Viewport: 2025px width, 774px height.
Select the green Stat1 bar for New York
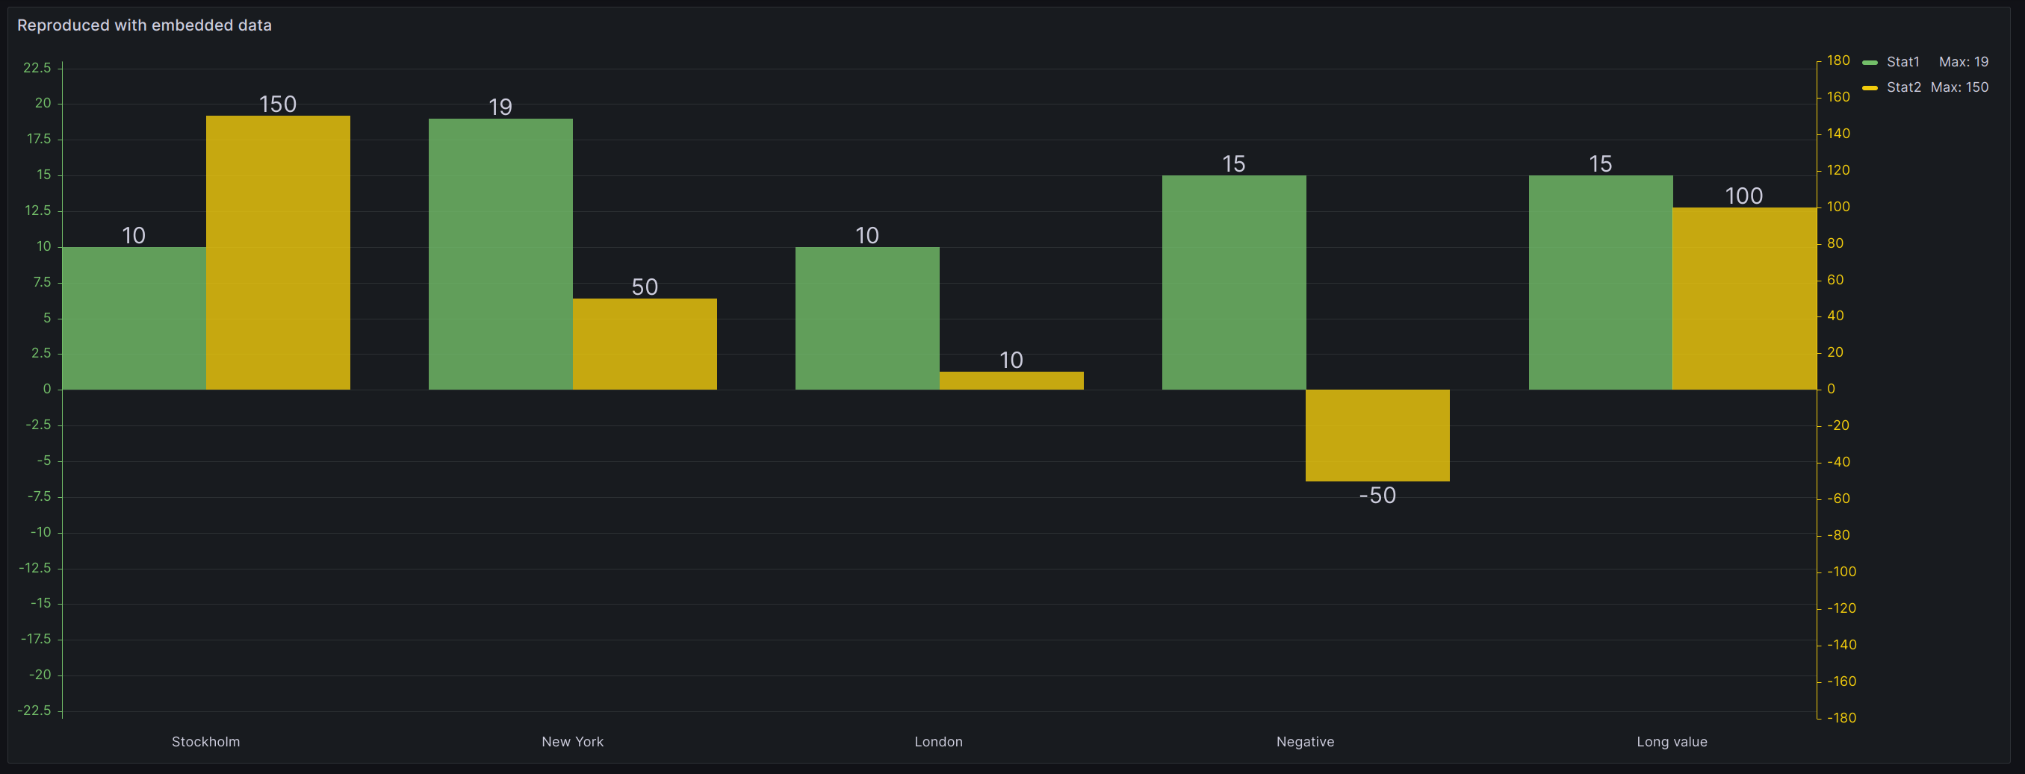tap(500, 254)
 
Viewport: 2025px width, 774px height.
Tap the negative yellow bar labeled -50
tap(1377, 434)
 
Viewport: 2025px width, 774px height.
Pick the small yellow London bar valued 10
tap(1011, 381)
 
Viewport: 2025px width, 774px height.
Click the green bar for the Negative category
tap(1233, 282)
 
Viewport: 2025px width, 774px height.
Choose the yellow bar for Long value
tap(1743, 298)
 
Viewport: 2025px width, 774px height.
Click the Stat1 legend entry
tap(1902, 62)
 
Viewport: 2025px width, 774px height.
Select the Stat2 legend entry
tap(1902, 87)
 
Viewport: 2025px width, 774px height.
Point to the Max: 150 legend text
tap(1959, 87)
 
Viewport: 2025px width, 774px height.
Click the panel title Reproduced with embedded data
tap(144, 25)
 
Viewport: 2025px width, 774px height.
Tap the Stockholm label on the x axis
tap(206, 741)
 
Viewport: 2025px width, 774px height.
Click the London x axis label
tap(938, 741)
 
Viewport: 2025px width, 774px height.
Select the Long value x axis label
tap(1671, 741)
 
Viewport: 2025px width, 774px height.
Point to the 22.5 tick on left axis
tap(37, 68)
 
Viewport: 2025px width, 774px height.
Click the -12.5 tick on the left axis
tap(34, 567)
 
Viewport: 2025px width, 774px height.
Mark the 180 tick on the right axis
tap(1838, 60)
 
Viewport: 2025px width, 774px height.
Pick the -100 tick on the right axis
tap(1841, 571)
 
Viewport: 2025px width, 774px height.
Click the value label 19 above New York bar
tap(500, 107)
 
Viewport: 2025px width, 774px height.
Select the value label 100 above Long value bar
tap(1743, 196)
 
